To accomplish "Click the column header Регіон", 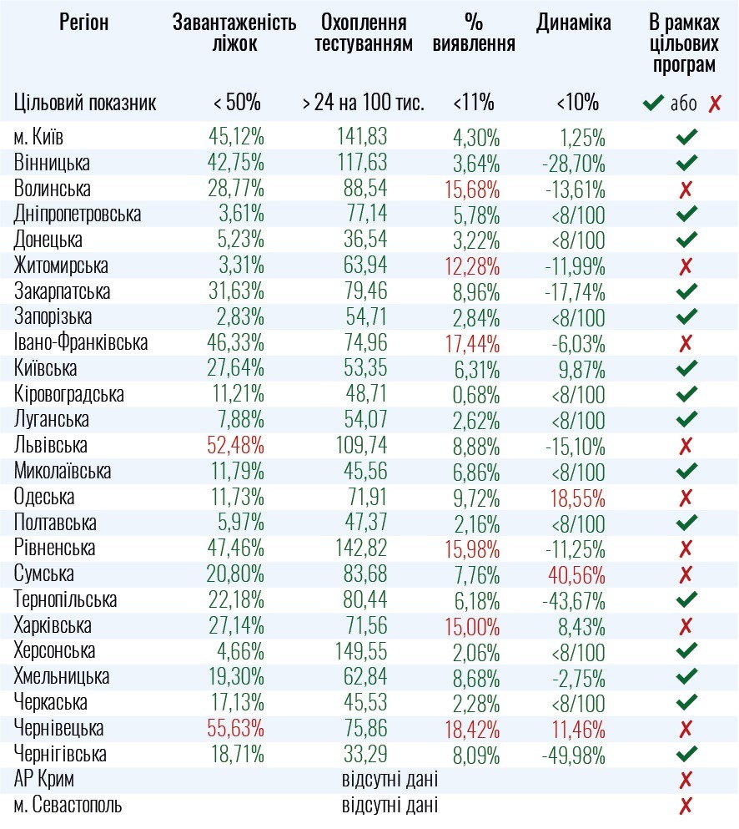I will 83,23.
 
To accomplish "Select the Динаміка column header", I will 574,23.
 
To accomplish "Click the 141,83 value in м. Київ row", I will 363,136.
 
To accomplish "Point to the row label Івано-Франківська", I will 81,342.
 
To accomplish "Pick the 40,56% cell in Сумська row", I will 577,574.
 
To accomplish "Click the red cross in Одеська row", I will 686,498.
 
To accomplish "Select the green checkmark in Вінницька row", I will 686,162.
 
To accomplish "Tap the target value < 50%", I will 237,104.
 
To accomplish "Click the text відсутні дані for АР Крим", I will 390,781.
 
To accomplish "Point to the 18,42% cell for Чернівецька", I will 473,729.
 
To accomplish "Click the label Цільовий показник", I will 85,104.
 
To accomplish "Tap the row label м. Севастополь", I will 68,806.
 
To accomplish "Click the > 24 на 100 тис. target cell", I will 363,104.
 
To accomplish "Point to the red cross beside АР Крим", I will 686,781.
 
